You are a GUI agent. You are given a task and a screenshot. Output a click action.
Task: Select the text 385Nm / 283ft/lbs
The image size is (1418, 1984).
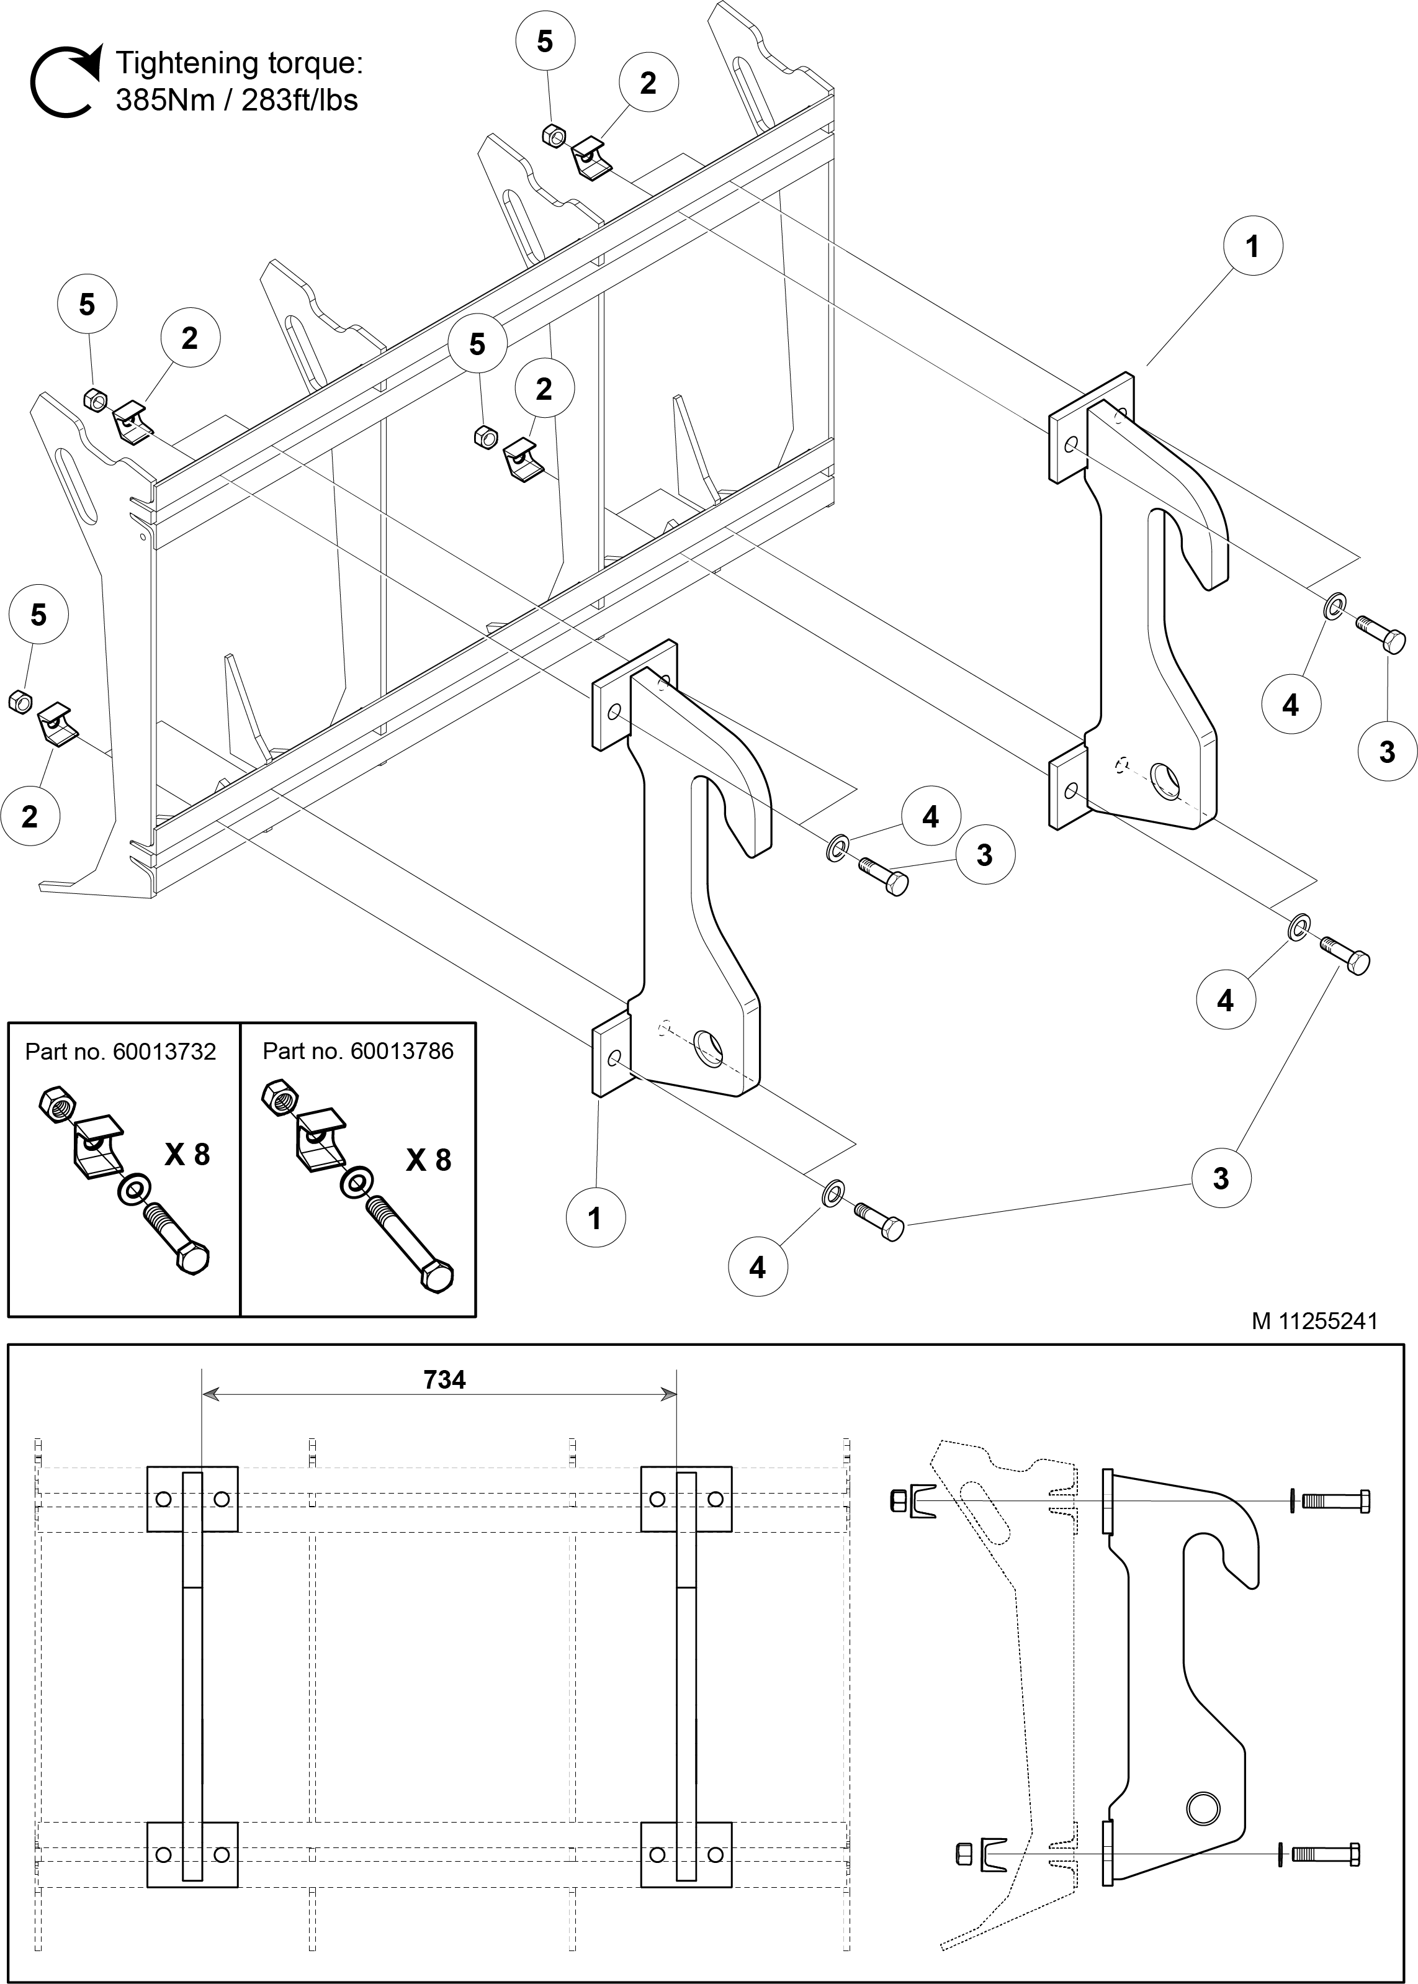click(236, 101)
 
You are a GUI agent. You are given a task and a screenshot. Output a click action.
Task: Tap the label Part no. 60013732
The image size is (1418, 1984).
click(120, 1052)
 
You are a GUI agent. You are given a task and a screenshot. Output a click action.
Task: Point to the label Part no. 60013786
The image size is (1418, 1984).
click(358, 1052)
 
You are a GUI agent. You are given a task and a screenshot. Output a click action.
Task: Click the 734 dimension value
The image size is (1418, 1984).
click(444, 1380)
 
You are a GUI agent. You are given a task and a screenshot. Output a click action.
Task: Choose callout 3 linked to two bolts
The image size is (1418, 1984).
click(1221, 1178)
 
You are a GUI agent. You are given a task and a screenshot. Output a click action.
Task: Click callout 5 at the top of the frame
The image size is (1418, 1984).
click(545, 41)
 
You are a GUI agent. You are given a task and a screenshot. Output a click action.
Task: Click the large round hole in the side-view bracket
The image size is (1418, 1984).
click(1202, 1805)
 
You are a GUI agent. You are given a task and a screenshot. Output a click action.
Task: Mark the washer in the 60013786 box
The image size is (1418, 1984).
click(354, 1183)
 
